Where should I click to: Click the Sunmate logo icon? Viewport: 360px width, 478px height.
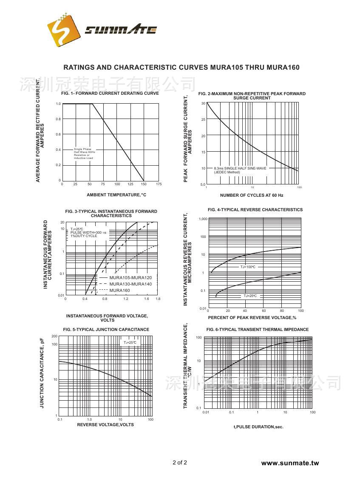point(63,31)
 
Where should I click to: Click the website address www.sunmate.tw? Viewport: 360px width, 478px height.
point(289,463)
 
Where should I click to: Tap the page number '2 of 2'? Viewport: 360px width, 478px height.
point(180,462)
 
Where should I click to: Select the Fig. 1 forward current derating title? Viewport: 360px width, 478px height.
point(110,93)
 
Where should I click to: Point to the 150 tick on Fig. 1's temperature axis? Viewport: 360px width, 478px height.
point(144,184)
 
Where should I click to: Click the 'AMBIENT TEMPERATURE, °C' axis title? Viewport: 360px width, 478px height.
point(116,195)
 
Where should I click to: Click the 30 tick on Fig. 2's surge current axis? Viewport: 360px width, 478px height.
point(203,104)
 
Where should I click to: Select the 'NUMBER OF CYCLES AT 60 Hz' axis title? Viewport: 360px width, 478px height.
point(252,195)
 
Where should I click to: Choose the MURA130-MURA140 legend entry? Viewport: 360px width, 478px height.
point(130,284)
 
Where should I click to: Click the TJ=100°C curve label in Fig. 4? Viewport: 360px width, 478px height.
point(248,267)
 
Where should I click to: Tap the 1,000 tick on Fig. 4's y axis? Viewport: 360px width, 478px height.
point(202,219)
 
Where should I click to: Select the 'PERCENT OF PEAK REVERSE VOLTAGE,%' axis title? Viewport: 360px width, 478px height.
point(252,318)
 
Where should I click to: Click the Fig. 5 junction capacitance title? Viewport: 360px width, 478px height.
point(106,329)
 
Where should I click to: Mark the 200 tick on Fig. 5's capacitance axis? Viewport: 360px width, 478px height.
point(54,337)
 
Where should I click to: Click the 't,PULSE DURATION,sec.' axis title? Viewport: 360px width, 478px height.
point(258,427)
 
